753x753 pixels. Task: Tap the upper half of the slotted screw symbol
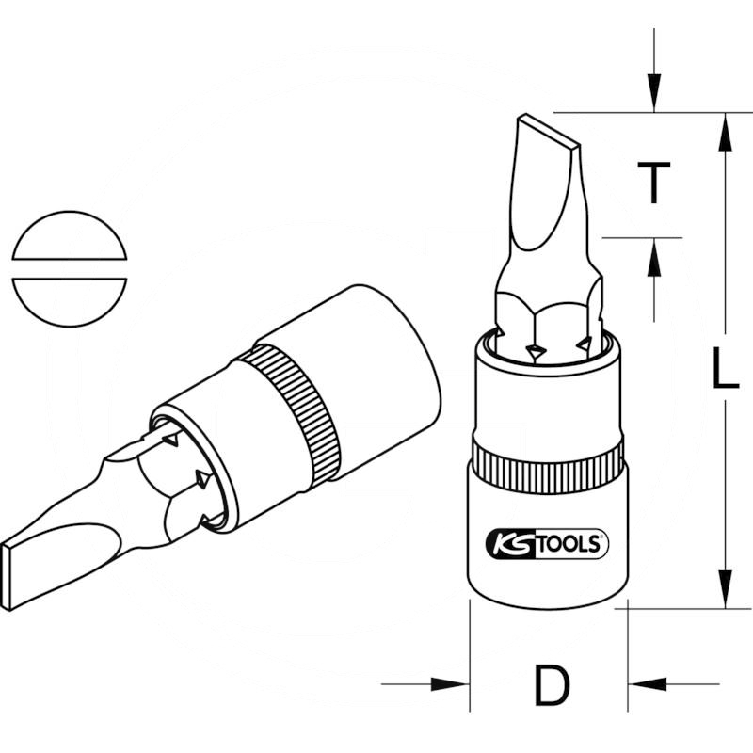pyautogui.click(x=70, y=235)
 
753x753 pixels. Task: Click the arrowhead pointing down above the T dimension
pyautogui.click(x=654, y=98)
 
